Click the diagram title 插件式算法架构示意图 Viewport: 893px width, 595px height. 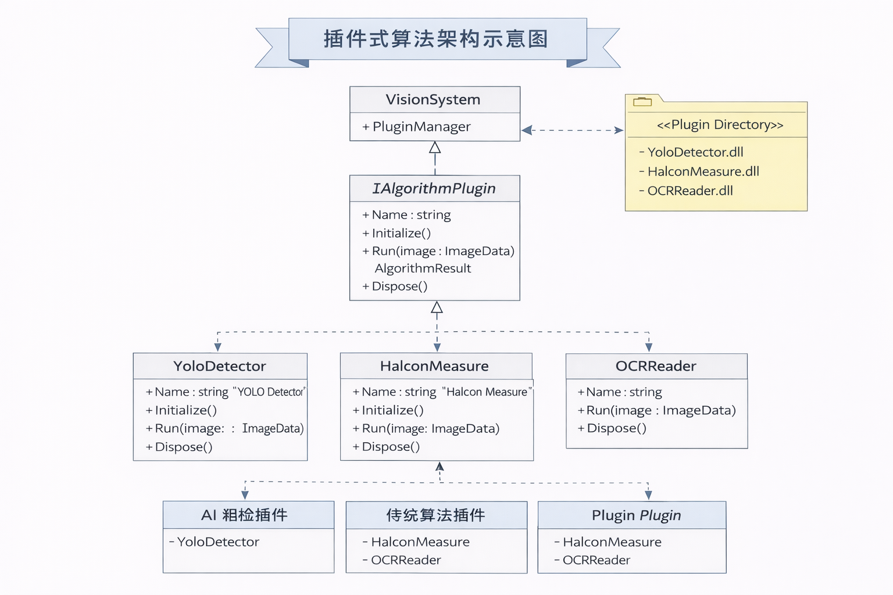pos(436,39)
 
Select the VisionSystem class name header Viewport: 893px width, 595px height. pos(433,99)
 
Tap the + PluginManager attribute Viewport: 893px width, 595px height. pos(416,127)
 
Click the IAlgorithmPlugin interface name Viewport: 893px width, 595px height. pos(434,188)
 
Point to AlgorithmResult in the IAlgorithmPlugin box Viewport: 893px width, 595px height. pos(423,268)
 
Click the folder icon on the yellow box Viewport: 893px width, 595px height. pos(642,102)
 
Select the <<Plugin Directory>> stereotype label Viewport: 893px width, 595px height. pos(720,125)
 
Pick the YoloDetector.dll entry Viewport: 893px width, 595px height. pos(695,152)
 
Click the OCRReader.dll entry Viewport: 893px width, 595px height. pos(690,191)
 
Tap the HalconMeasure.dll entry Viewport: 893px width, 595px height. pos(703,171)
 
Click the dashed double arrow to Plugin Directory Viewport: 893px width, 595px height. pos(573,130)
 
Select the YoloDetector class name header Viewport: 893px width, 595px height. pos(220,366)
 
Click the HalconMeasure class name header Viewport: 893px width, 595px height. pos(434,366)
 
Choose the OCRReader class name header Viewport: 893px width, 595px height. pos(656,366)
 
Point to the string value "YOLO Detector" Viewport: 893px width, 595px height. pos(269,392)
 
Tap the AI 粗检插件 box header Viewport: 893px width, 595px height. pos(244,515)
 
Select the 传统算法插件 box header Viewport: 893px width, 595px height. pos(435,515)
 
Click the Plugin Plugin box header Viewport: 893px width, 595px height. pos(636,515)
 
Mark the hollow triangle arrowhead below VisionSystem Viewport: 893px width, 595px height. pos(435,148)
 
